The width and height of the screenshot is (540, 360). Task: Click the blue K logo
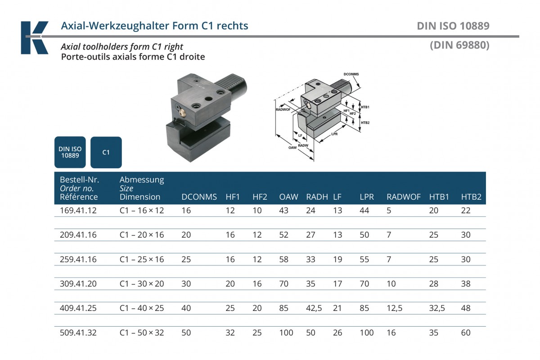coord(34,38)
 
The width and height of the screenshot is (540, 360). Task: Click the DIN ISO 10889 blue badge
coord(70,152)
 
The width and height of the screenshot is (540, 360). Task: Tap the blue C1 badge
coord(106,152)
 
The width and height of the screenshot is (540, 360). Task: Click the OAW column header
coord(288,197)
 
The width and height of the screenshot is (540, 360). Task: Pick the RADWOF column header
coord(404,197)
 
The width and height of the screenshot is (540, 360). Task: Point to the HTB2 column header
coord(471,197)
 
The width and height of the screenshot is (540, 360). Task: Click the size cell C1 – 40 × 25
coord(142,308)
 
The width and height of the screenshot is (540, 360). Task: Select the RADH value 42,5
coord(314,308)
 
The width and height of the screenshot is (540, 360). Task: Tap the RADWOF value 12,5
coord(395,308)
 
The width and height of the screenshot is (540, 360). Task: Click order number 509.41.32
coord(78,333)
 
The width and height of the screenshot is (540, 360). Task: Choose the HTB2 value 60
coord(466,333)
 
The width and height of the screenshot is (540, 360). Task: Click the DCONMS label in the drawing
coord(351,73)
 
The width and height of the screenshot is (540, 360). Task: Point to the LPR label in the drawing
coord(334,134)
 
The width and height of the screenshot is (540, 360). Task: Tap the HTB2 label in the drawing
coord(365,123)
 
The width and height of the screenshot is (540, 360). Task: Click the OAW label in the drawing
coord(292,148)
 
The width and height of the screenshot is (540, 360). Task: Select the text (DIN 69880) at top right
coord(459,45)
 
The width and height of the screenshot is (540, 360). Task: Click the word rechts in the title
coord(232,26)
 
